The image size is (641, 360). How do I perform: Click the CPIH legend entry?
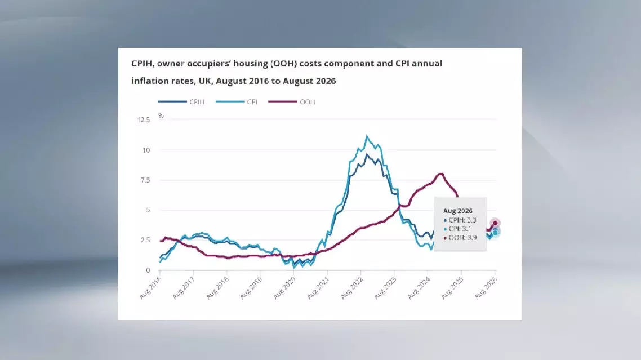(x=181, y=101)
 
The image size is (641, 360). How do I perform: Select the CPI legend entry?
(x=237, y=101)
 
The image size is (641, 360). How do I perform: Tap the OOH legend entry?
(x=292, y=101)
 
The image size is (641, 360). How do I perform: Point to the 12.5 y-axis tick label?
(x=144, y=120)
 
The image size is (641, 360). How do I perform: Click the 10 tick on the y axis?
(x=146, y=150)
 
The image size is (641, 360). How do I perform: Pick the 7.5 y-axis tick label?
(x=145, y=180)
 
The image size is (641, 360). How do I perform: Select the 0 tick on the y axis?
(x=148, y=270)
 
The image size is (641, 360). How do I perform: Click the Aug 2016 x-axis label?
(x=150, y=288)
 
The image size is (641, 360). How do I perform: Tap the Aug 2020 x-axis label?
(x=284, y=288)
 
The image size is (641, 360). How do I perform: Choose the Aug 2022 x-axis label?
(x=351, y=288)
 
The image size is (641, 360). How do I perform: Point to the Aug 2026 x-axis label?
(x=486, y=288)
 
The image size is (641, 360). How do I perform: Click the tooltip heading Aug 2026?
(x=458, y=211)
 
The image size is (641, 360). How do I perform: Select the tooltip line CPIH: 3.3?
(x=460, y=220)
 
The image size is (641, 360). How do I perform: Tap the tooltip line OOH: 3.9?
(x=460, y=237)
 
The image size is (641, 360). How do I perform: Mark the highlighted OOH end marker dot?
(x=495, y=223)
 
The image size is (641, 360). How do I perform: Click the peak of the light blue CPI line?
(x=367, y=136)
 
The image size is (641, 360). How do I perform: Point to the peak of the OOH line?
(x=440, y=174)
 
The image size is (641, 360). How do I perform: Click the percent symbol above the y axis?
(x=161, y=115)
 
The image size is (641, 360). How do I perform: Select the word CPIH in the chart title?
(x=143, y=64)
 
